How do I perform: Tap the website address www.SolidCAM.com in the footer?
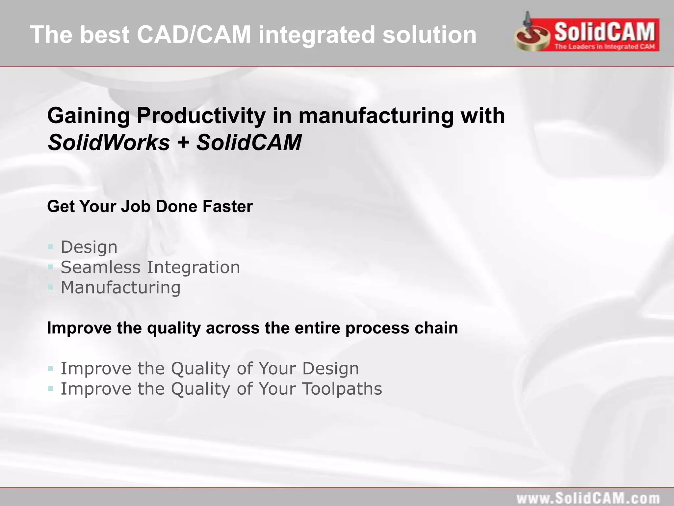pos(588,498)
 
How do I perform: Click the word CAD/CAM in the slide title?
pos(194,35)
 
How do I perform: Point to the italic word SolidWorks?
pos(109,142)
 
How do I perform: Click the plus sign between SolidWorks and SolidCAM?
pos(183,143)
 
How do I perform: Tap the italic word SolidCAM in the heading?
pos(249,142)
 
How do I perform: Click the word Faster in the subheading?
pos(227,207)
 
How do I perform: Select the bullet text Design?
pos(89,247)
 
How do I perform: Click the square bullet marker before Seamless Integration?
pos(51,267)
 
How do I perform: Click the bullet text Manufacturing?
pos(120,288)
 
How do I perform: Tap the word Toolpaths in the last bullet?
pos(342,389)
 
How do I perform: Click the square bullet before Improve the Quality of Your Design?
pos(51,368)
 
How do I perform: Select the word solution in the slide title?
pos(429,35)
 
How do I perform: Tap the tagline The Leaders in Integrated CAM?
pos(605,46)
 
